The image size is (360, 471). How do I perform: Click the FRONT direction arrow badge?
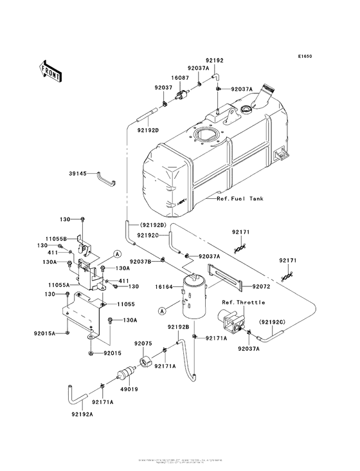coord(51,70)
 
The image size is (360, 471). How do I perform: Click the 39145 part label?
coord(79,174)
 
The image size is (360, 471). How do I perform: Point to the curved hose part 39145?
coord(107,178)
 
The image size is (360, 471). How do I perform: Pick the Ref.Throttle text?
coord(240,302)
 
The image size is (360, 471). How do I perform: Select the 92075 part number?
coord(143,344)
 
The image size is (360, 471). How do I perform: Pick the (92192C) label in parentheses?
coord(272,321)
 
